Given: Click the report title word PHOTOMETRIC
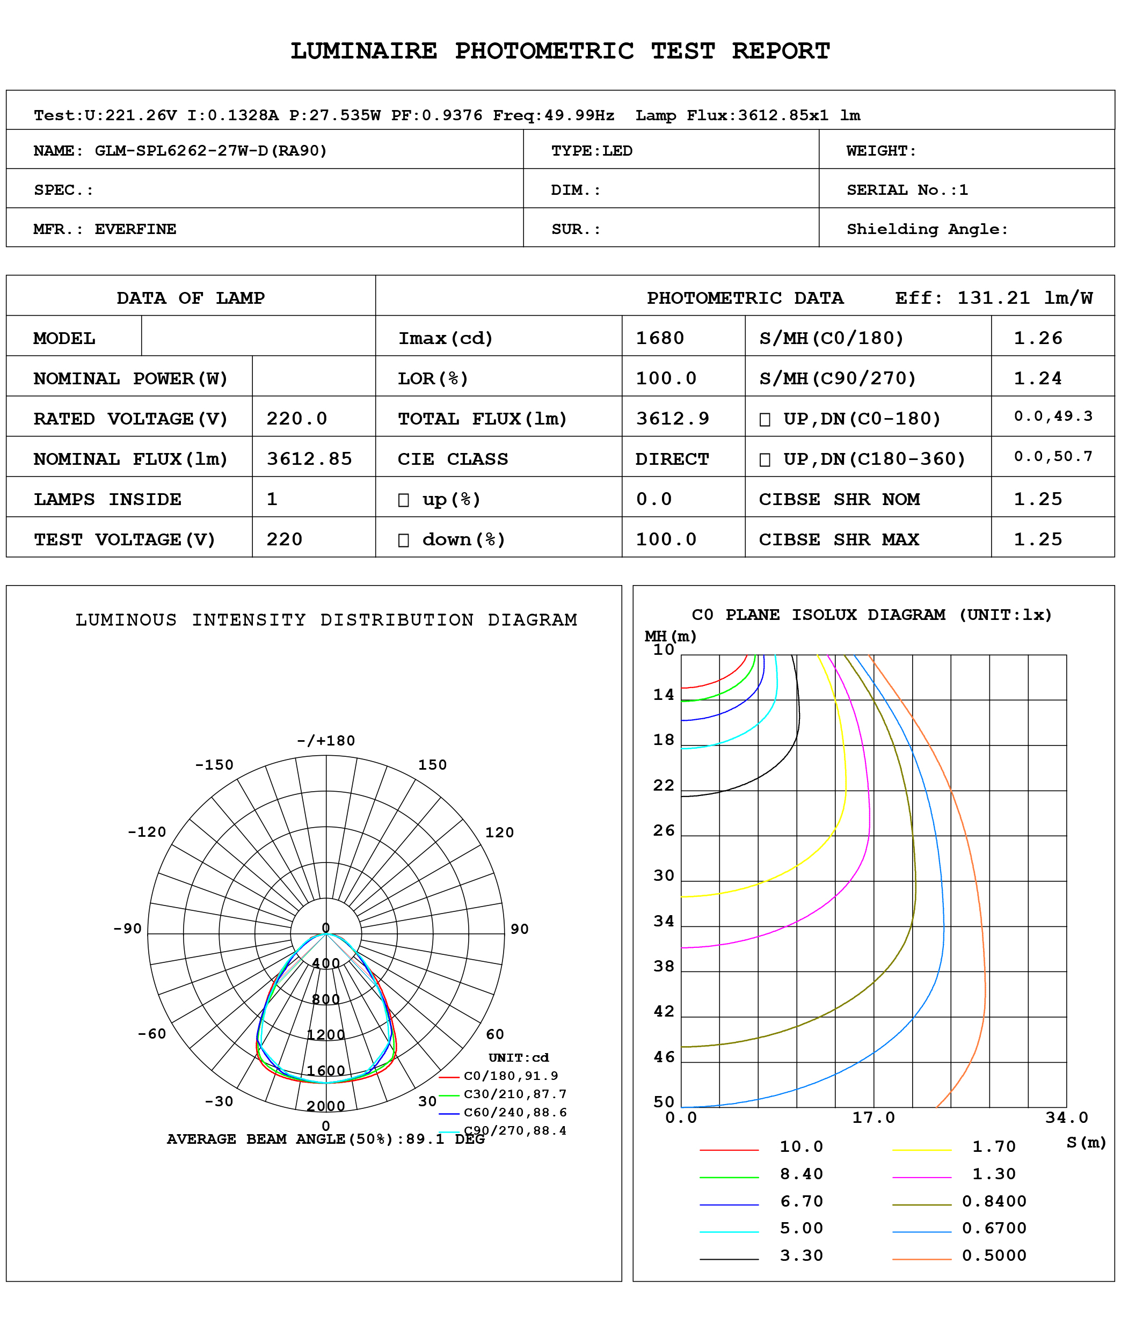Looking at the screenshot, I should click(544, 51).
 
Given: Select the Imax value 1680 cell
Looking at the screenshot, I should click(660, 338).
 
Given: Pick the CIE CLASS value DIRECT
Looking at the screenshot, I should click(672, 459).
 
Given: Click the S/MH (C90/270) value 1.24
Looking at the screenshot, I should click(1037, 378).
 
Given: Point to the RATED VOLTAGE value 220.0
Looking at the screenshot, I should click(296, 419).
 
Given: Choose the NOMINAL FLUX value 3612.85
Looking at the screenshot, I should click(309, 459).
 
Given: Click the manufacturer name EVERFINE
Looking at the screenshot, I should click(135, 229).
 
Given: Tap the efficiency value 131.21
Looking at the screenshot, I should click(993, 298).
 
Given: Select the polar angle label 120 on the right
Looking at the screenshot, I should click(499, 832).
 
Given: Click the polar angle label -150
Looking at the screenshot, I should click(214, 765).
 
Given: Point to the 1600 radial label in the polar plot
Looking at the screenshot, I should click(326, 1070).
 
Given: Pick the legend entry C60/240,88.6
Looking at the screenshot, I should click(515, 1112).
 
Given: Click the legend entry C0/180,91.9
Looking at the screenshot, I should click(511, 1076).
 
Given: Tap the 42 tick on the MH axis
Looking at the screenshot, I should click(664, 1011).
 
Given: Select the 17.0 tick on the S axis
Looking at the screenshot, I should click(873, 1118).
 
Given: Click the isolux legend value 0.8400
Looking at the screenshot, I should click(994, 1201).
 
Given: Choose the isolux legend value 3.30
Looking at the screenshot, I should click(802, 1255).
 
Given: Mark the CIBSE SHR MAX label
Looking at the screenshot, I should click(839, 539).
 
